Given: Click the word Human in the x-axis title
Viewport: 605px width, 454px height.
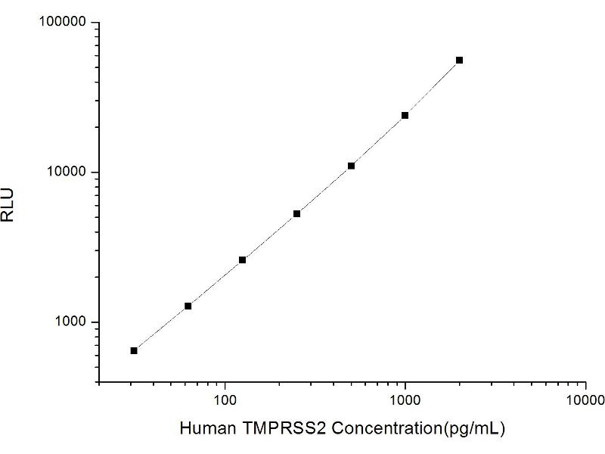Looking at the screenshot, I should pos(203,428).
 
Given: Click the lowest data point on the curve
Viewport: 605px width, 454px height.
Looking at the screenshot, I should pos(134,350).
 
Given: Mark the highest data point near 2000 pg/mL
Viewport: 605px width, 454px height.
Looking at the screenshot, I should pos(459,60).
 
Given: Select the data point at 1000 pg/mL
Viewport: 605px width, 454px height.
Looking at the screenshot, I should pos(405,115).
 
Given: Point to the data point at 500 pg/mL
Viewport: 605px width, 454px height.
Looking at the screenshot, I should pos(351,166).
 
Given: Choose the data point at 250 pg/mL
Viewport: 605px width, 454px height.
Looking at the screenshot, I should pos(297,213).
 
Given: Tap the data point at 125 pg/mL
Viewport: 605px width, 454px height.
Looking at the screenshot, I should pos(243,260).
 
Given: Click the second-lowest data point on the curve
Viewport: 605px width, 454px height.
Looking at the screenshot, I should pos(188,306).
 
